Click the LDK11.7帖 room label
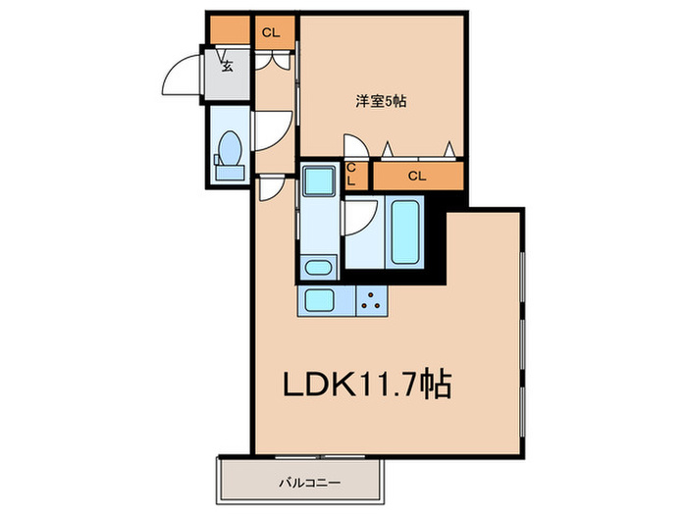366,384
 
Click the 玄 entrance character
228,67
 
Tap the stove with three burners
371,300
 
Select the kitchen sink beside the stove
321,300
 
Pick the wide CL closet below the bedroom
417,177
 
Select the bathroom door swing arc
360,218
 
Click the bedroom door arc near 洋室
357,145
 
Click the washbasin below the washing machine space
318,267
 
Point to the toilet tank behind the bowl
231,173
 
